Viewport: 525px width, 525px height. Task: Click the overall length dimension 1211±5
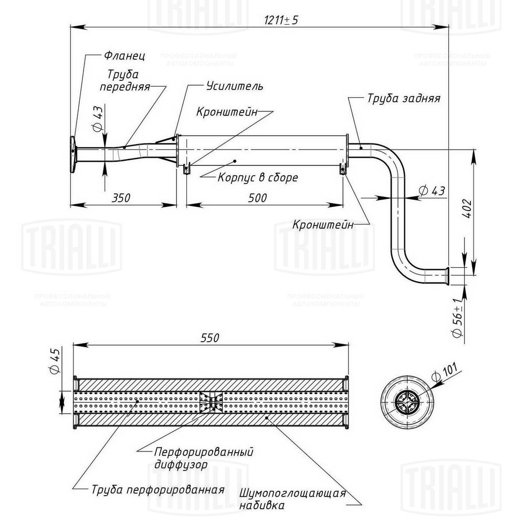[x=282, y=19]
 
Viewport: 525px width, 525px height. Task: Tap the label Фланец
[x=124, y=55]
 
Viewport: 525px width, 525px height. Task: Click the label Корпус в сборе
[x=257, y=177]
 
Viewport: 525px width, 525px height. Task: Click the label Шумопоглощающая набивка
[x=292, y=499]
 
